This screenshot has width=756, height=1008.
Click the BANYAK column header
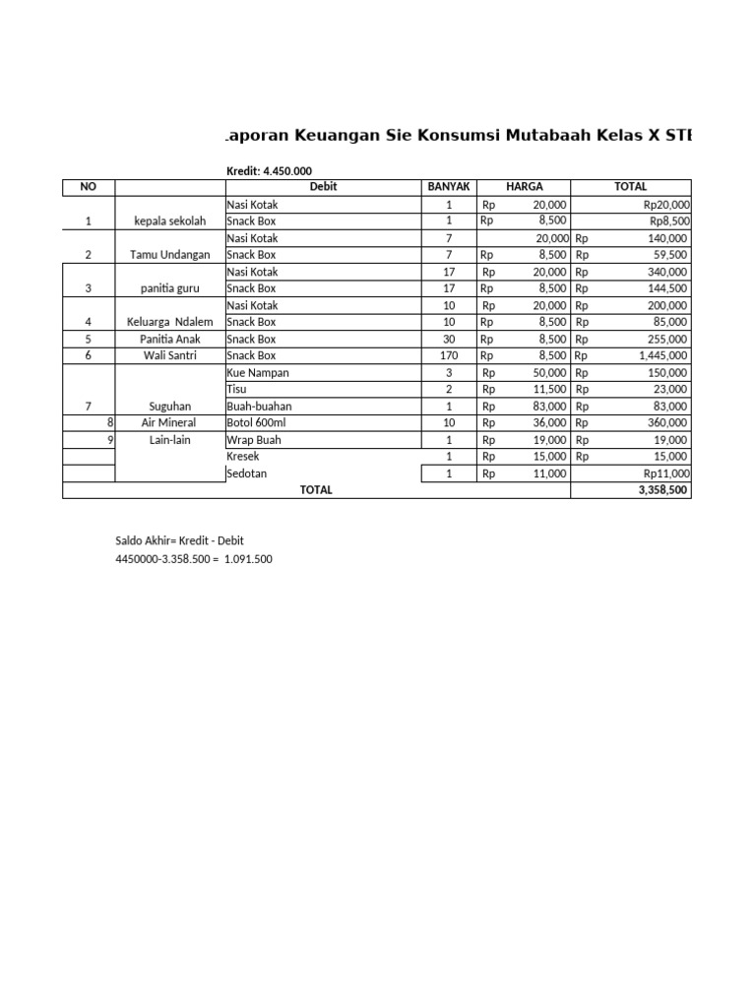click(x=449, y=187)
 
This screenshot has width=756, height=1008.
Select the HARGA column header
click(x=524, y=187)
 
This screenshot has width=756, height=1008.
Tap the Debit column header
click(x=323, y=187)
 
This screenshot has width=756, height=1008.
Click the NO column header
click(x=89, y=187)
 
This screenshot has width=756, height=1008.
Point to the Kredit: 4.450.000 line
click(x=262, y=171)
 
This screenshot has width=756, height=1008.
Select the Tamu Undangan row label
click(x=170, y=255)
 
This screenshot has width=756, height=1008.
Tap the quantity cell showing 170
click(x=449, y=355)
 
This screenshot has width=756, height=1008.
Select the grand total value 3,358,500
click(x=664, y=490)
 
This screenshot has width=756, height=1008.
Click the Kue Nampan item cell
click(x=258, y=373)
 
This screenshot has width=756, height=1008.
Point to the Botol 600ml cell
click(x=255, y=423)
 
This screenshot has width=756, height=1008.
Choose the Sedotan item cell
click(x=248, y=473)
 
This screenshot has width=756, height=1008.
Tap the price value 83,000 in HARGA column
click(x=547, y=407)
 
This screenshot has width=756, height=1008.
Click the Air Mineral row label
click(x=170, y=423)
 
